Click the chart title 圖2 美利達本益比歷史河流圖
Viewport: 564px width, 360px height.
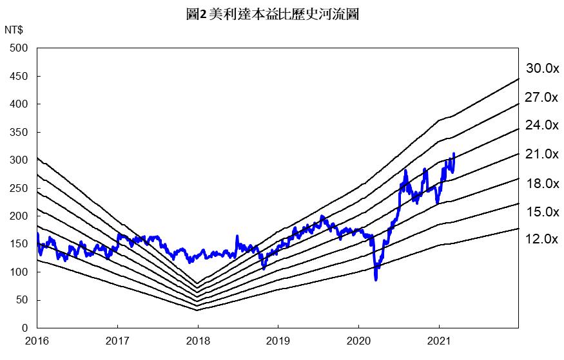271,14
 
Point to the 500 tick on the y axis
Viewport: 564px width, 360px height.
19,48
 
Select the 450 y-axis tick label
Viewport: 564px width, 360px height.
19,76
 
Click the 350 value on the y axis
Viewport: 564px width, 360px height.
19,132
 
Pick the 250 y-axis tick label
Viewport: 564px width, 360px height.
19,188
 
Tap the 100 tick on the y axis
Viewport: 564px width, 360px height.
19,272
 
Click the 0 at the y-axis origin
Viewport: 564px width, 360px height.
24,328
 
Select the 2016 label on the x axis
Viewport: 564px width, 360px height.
37,340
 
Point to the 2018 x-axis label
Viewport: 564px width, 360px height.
198,340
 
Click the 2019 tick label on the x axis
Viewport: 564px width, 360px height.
278,340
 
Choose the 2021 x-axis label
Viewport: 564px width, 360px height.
439,340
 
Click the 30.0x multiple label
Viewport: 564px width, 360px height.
541,68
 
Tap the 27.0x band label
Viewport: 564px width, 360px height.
541,98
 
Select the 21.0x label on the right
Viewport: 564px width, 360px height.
541,154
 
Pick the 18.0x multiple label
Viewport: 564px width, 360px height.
541,184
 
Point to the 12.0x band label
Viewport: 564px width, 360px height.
541,239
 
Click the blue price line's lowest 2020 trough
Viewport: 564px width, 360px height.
376,279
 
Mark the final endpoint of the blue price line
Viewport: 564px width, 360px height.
454,153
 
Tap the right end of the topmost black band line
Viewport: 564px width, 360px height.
519,79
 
